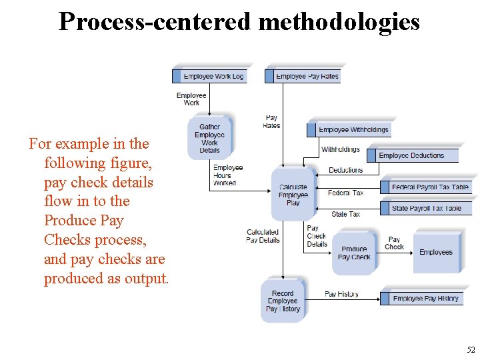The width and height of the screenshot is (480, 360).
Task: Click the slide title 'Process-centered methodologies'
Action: click(239, 22)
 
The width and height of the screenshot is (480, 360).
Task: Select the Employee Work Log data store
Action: click(209, 76)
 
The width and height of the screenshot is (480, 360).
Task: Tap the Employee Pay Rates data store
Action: click(303, 76)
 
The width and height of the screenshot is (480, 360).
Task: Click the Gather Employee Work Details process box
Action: click(209, 138)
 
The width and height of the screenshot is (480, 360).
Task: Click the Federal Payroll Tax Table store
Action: click(426, 187)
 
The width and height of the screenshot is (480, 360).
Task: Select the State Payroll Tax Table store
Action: click(426, 208)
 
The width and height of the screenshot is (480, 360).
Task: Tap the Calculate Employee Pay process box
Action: click(293, 195)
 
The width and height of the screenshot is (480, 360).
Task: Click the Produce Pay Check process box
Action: click(354, 253)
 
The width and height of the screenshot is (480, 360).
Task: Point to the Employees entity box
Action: click(436, 252)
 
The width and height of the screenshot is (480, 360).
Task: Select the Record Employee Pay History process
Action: click(283, 301)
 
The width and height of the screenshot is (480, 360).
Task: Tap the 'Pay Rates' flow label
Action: click(272, 121)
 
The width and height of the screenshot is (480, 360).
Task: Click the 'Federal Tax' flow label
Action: click(346, 193)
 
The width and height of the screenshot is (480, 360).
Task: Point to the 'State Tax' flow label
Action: click(345, 214)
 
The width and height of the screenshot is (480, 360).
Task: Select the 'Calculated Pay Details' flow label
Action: click(263, 236)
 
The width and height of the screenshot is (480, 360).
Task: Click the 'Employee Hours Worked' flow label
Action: click(227, 175)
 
